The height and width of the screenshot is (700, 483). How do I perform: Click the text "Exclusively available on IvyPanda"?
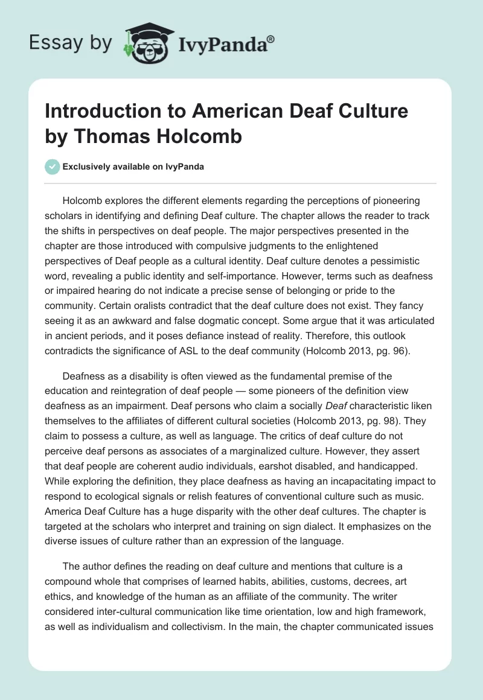point(133,167)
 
